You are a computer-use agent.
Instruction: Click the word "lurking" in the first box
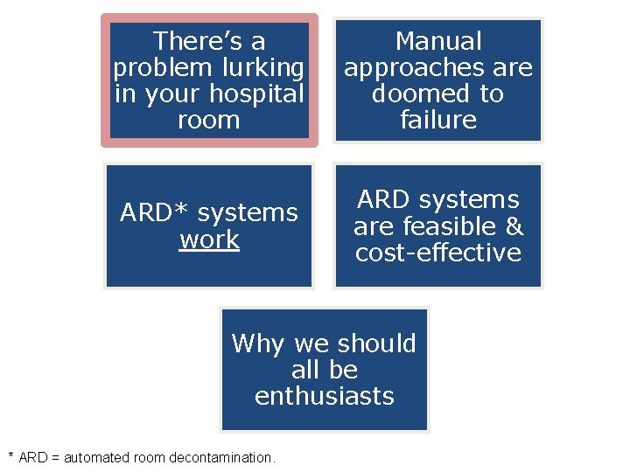tap(262, 67)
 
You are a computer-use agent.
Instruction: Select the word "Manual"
tap(438, 41)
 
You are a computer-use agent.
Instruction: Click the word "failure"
tap(438, 120)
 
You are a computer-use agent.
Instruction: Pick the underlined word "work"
tap(209, 239)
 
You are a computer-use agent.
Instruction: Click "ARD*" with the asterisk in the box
tap(153, 213)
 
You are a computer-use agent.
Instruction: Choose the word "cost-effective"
tap(438, 253)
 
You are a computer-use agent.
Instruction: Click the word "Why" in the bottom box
tap(259, 344)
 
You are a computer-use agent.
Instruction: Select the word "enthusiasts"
tap(325, 396)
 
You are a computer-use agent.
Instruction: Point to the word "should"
tap(377, 344)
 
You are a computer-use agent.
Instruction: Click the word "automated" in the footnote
tap(94, 457)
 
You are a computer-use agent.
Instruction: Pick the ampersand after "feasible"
tap(514, 226)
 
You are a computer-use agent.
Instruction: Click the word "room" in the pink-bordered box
tap(209, 120)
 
